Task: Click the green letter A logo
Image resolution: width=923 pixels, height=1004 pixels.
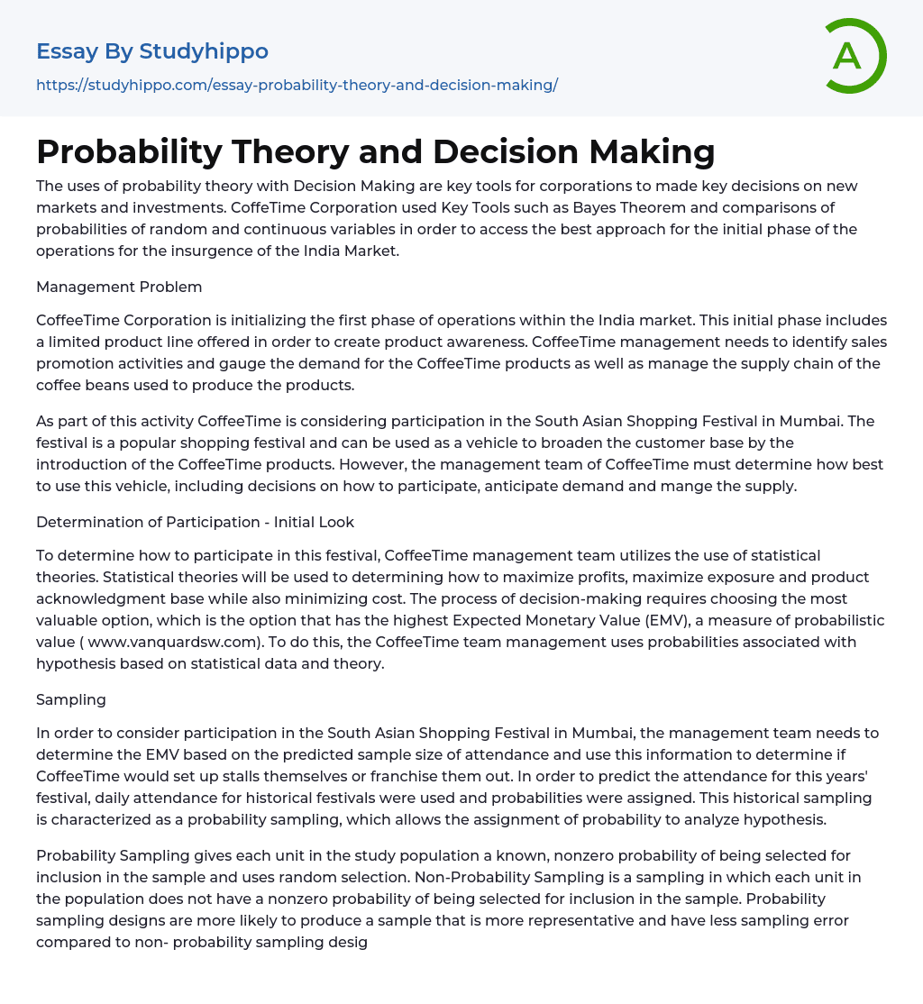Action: pyautogui.click(x=854, y=56)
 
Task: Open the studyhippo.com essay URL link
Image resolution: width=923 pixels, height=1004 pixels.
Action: pyautogui.click(x=297, y=85)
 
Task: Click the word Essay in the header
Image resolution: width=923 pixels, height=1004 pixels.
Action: pyautogui.click(x=67, y=51)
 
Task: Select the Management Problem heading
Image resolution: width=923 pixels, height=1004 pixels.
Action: pyautogui.click(x=119, y=287)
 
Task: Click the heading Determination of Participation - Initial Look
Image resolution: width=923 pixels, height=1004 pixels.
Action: pyautogui.click(x=195, y=522)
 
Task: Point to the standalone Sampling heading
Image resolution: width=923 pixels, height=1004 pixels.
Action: pyautogui.click(x=71, y=699)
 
